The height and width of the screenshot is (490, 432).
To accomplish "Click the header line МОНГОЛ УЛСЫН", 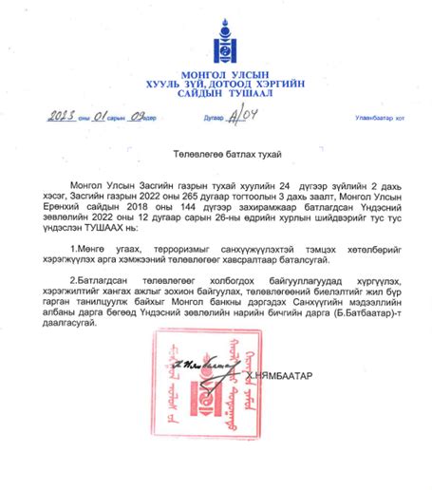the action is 216,74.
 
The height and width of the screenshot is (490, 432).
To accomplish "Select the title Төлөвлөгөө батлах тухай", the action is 216,153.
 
